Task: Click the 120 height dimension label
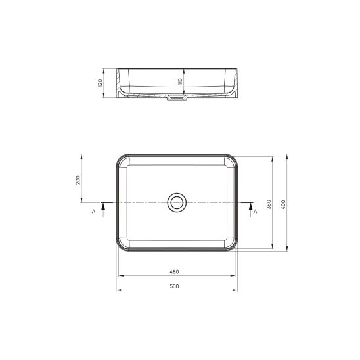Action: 100,83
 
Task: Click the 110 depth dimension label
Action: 180,81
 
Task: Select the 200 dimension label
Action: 78,180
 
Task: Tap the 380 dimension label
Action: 269,204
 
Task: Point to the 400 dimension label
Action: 284,204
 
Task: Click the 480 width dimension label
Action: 174,272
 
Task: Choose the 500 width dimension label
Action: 174,286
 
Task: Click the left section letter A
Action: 93,212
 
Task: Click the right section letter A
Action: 256,212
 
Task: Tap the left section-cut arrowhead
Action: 103,207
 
